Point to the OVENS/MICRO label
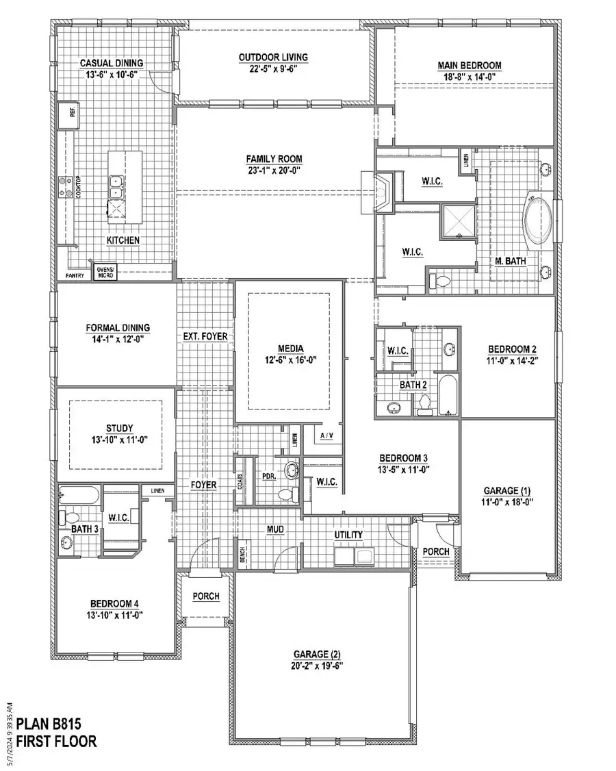107,273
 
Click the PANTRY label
75,276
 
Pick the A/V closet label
326,435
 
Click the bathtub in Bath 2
448,396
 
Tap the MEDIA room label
292,348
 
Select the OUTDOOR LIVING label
272,57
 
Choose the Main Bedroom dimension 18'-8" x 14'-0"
470,78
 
